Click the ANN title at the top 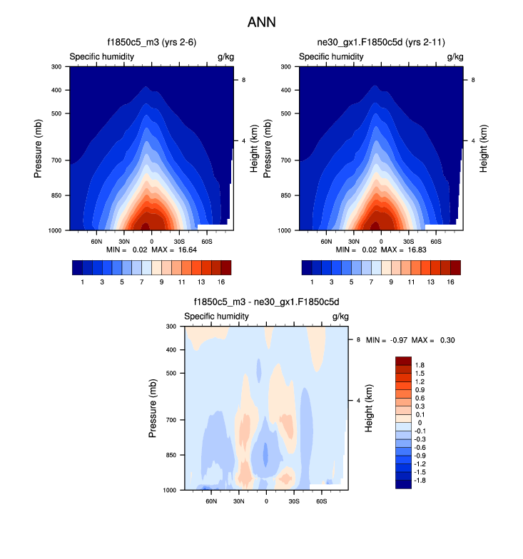pos(261,23)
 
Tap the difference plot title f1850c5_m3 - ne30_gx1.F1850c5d pos(265,303)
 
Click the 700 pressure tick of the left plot pos(57,160)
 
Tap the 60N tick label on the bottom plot pos(211,501)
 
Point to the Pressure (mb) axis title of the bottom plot pos(153,409)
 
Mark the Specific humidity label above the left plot pos(101,56)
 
